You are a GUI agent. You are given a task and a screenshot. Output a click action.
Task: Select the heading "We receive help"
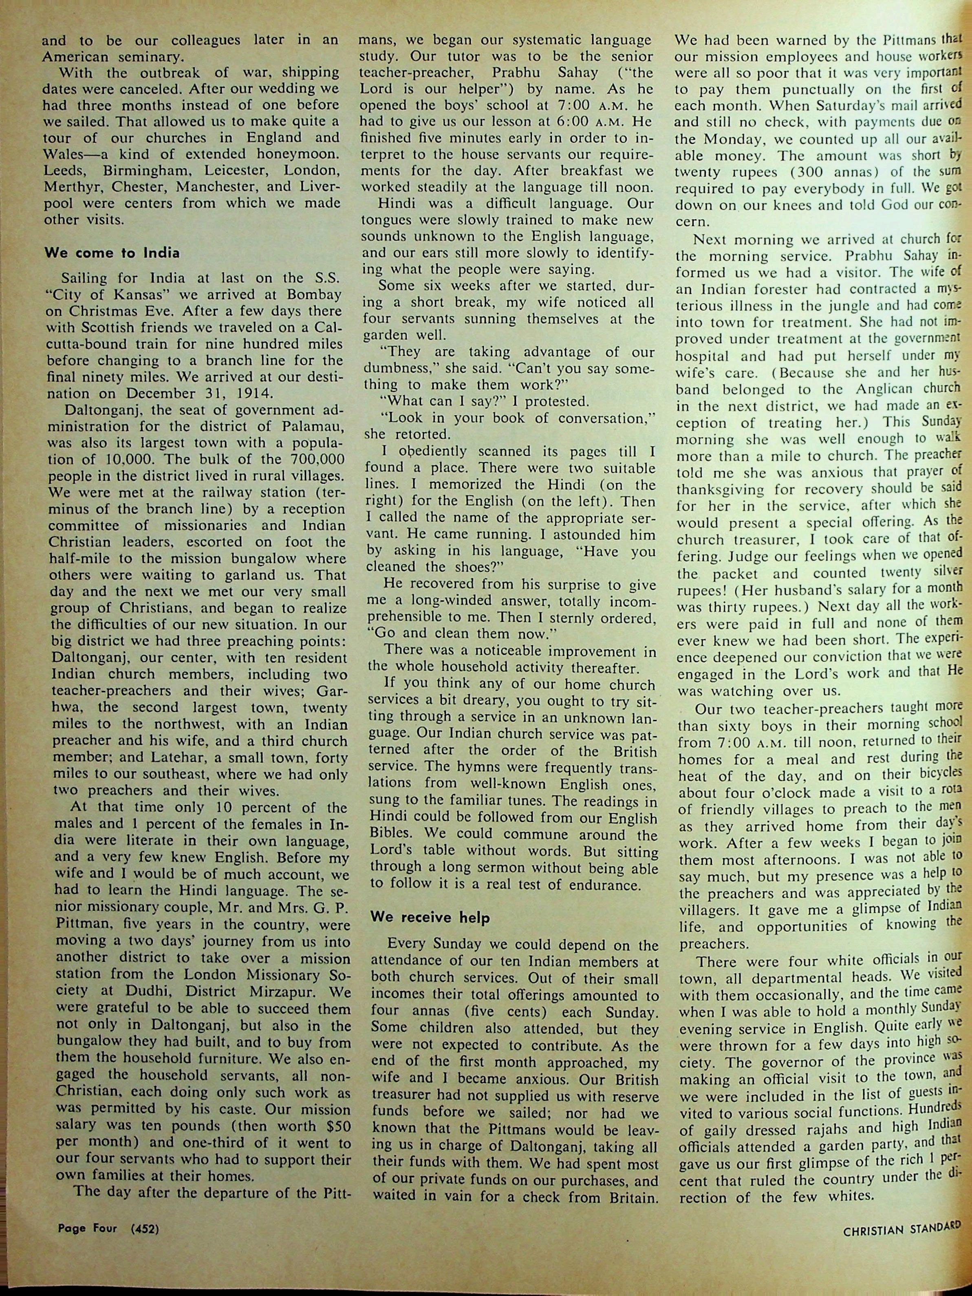[x=430, y=918]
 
